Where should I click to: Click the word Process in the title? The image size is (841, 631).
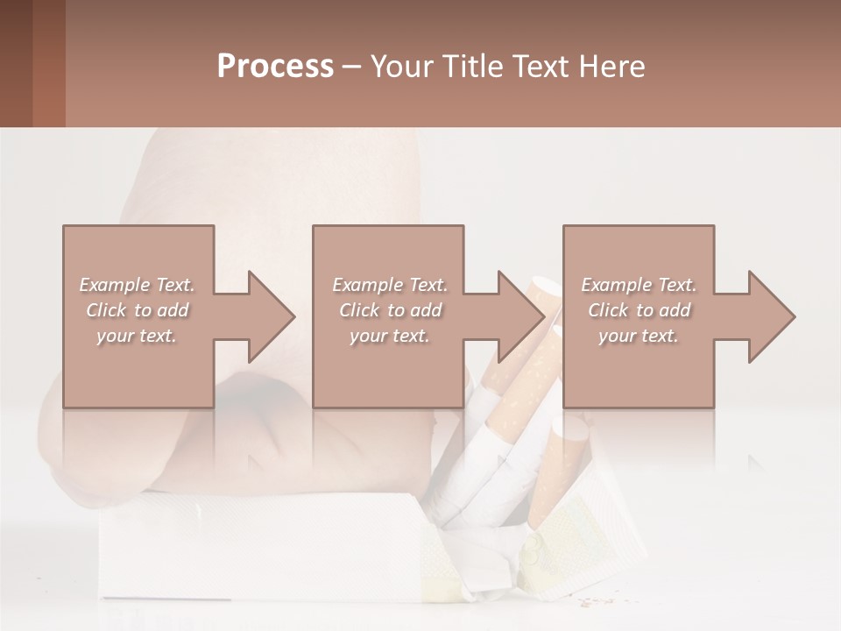coord(275,66)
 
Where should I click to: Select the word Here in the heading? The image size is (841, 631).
coord(611,66)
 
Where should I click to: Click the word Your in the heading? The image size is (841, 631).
coord(402,66)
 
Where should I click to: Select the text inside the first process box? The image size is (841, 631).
coord(138,310)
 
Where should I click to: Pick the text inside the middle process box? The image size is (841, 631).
coord(390,310)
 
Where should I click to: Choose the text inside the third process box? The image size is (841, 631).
coord(639,310)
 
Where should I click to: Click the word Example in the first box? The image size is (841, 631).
coord(115,285)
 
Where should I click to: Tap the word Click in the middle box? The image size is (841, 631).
coord(358,310)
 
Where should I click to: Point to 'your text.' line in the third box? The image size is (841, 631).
coord(639,336)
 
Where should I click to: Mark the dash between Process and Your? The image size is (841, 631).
coord(352,67)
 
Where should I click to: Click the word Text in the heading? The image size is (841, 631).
coord(536,66)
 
